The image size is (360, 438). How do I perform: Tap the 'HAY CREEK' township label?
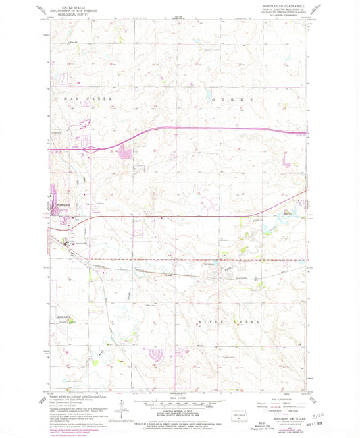pos(86,99)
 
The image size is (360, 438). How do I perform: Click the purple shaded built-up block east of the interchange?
pos(124,154)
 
